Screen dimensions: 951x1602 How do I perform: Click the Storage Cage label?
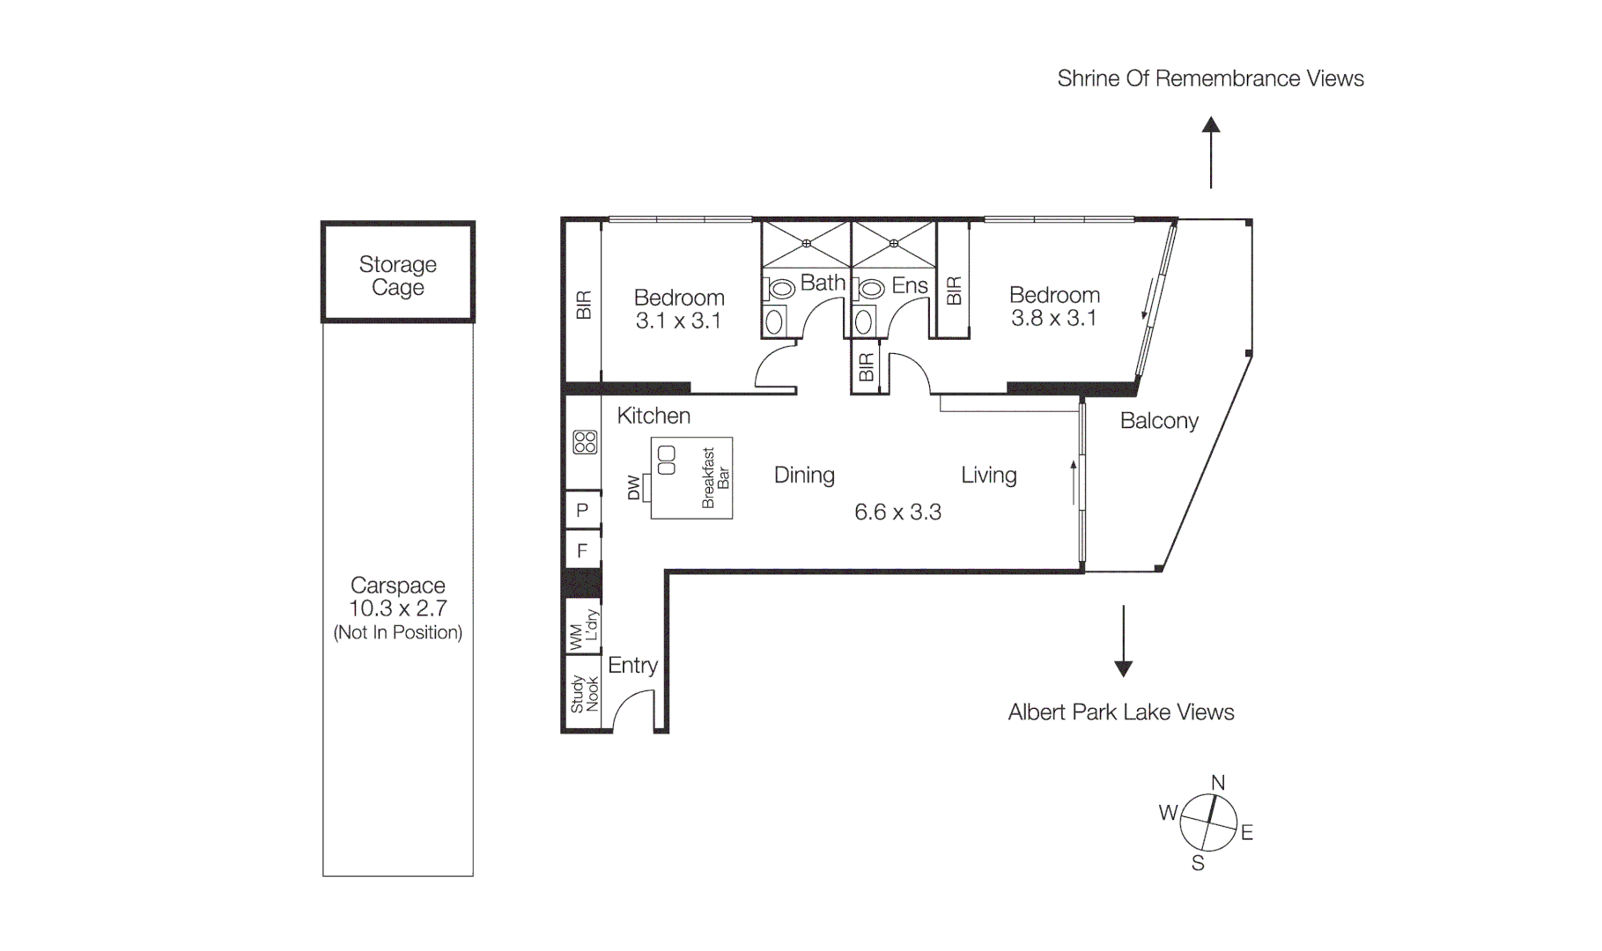point(397,276)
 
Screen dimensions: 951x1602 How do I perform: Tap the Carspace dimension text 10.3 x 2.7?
point(397,608)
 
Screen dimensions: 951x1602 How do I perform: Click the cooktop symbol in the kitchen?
point(585,442)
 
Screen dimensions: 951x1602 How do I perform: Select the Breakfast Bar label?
point(715,478)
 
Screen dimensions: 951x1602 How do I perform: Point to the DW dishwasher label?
point(633,488)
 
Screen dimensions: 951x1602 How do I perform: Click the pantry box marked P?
point(582,511)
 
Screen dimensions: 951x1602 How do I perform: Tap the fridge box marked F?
point(582,551)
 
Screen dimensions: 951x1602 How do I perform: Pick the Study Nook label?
point(583,694)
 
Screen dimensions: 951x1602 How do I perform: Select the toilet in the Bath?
point(780,289)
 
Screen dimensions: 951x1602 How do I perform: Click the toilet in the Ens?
point(871,289)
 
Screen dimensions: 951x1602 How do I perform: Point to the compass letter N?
point(1218,783)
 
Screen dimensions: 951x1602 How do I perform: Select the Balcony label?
point(1159,421)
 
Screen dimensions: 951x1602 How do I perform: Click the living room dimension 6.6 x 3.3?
point(897,512)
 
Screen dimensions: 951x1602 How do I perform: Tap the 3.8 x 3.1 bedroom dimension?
point(1054,319)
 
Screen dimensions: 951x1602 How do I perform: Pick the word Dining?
point(804,475)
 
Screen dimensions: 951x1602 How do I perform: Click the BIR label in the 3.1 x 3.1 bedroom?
point(583,305)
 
